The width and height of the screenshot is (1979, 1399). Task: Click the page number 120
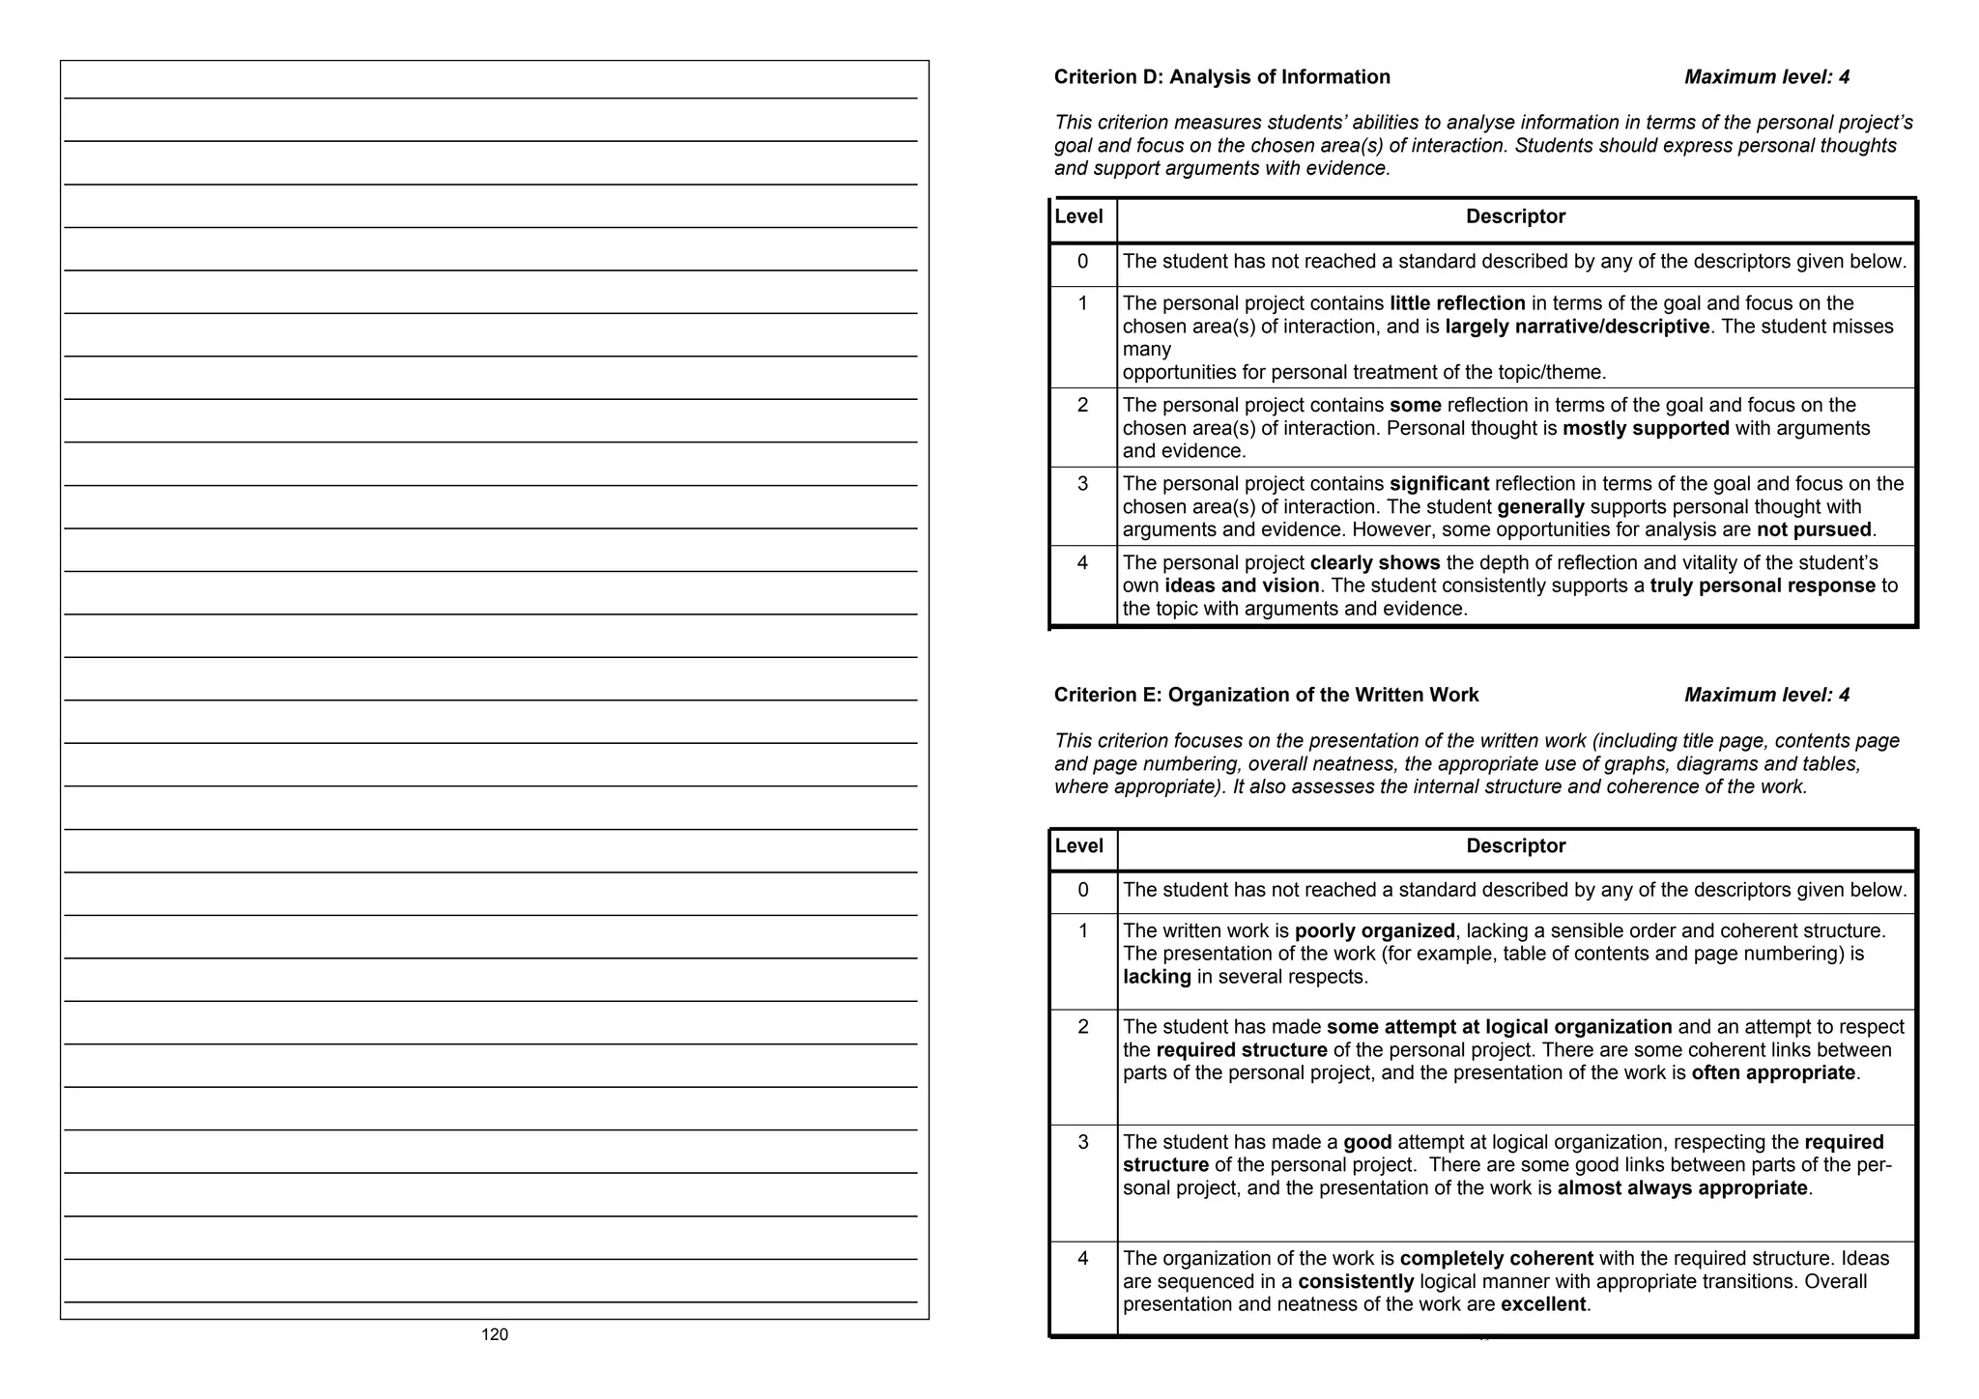494,1334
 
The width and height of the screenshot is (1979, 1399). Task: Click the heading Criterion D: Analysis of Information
1221,77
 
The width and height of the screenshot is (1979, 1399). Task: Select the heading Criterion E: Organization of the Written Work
1266,695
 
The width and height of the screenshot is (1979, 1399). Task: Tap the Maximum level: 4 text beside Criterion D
1766,77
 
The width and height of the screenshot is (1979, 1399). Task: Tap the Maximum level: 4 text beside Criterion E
1766,695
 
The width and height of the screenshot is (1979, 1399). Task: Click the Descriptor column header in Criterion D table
1515,216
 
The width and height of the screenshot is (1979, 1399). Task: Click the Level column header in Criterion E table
1078,846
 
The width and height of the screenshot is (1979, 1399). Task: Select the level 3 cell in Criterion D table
1082,484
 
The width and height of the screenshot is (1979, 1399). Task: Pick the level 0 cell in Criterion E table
1082,890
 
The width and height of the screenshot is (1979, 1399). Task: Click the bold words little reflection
1457,303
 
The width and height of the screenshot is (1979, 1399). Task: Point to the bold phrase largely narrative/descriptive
1577,327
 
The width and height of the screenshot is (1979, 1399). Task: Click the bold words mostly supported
1646,428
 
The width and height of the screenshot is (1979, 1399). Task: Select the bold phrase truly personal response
1763,585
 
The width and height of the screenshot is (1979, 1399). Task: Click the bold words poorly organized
1374,930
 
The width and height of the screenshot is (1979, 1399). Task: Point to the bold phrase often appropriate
1773,1072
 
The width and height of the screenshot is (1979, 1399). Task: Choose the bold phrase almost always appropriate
1682,1187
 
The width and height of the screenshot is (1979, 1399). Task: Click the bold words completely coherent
1496,1258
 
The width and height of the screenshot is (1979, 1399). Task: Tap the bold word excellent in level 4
1543,1304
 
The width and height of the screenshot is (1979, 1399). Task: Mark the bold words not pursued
1814,529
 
